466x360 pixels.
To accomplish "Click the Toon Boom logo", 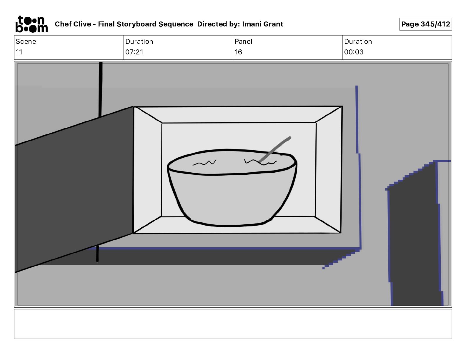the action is click(x=31, y=24).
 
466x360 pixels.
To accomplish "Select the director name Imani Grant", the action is click(x=262, y=24).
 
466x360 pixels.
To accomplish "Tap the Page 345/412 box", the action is click(x=425, y=24).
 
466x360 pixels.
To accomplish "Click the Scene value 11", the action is click(x=19, y=52).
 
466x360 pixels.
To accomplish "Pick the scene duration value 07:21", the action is click(x=134, y=52).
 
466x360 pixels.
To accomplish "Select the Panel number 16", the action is click(x=238, y=52).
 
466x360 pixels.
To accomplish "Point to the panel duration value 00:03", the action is click(x=354, y=52).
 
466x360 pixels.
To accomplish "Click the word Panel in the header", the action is click(x=243, y=41).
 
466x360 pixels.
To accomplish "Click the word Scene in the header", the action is click(x=26, y=41).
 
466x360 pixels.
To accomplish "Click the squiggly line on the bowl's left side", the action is click(x=204, y=163).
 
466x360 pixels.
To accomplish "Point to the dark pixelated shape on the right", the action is click(x=415, y=235).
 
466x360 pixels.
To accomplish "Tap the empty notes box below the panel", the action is click(x=233, y=324).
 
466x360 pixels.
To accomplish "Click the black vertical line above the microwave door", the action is click(x=101, y=88).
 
